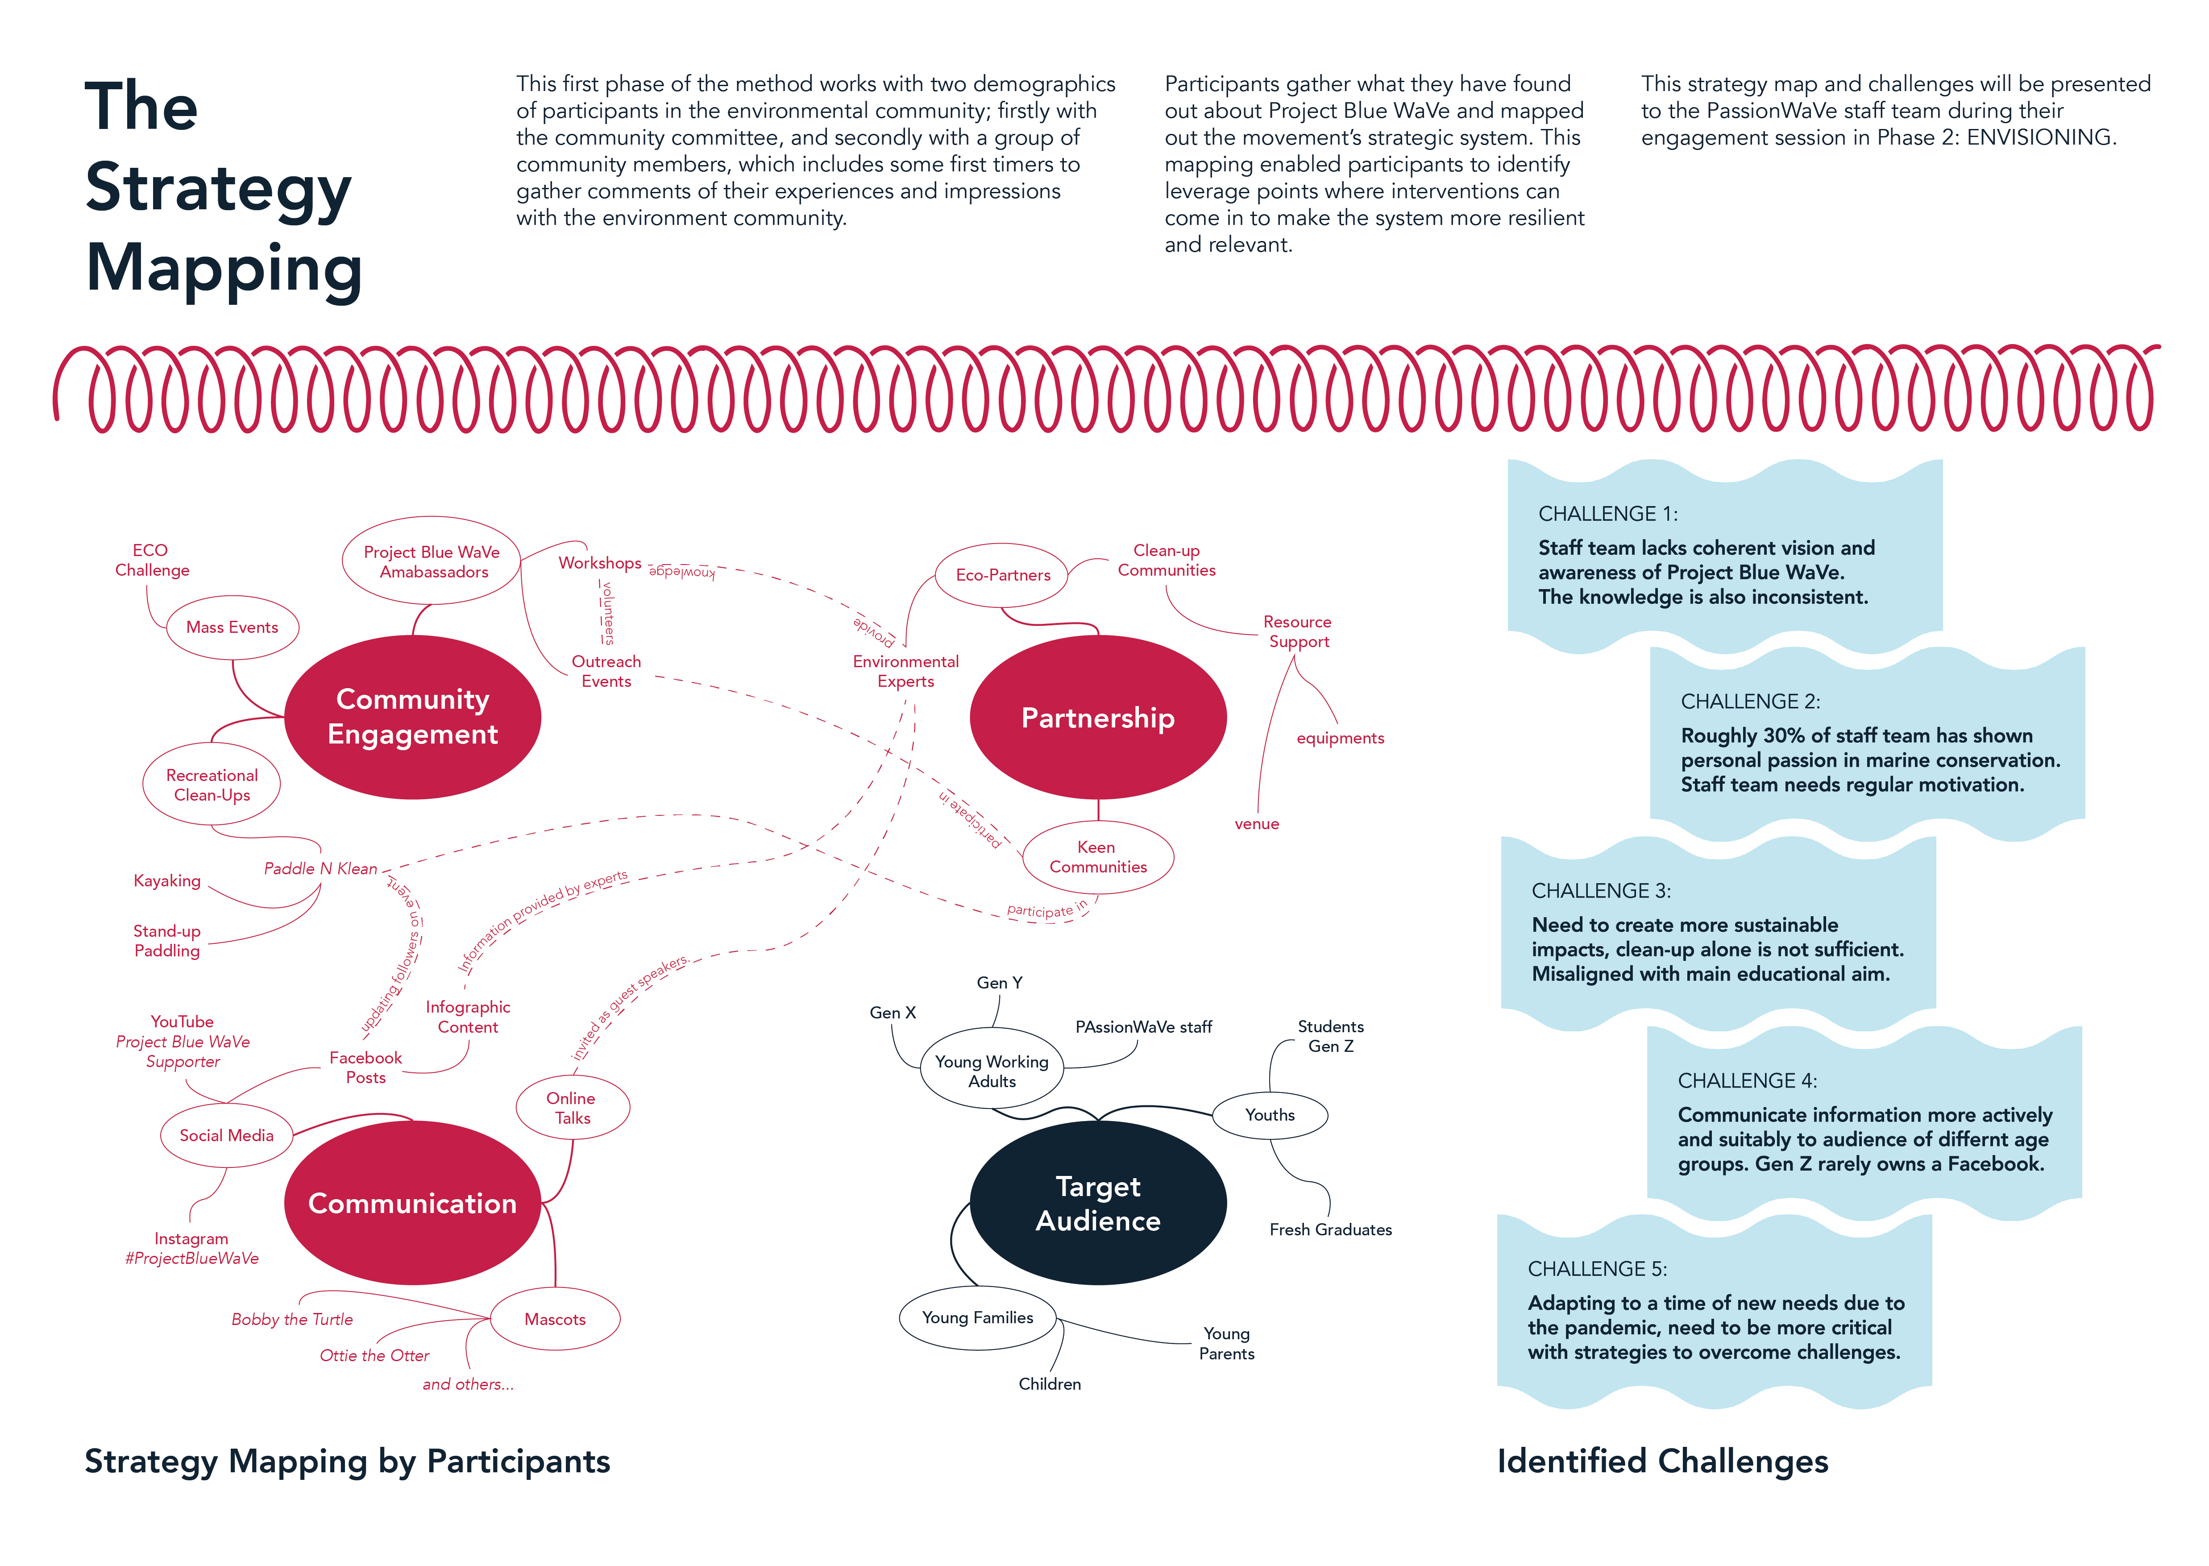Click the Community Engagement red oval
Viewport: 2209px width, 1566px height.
[x=413, y=716]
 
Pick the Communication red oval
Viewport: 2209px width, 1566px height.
[x=413, y=1202]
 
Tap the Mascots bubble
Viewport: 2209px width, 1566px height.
[x=556, y=1319]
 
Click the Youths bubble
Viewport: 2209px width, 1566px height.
[x=1270, y=1115]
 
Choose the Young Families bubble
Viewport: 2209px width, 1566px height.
[x=978, y=1317]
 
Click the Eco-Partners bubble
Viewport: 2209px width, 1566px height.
[x=1003, y=575]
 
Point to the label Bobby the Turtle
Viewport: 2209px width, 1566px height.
[x=292, y=1319]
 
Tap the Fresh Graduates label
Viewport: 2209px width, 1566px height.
[x=1331, y=1230]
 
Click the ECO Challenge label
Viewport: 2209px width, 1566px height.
[x=151, y=560]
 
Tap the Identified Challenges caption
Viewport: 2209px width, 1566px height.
[x=1662, y=1462]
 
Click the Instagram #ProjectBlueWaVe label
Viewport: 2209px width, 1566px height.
[x=192, y=1249]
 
